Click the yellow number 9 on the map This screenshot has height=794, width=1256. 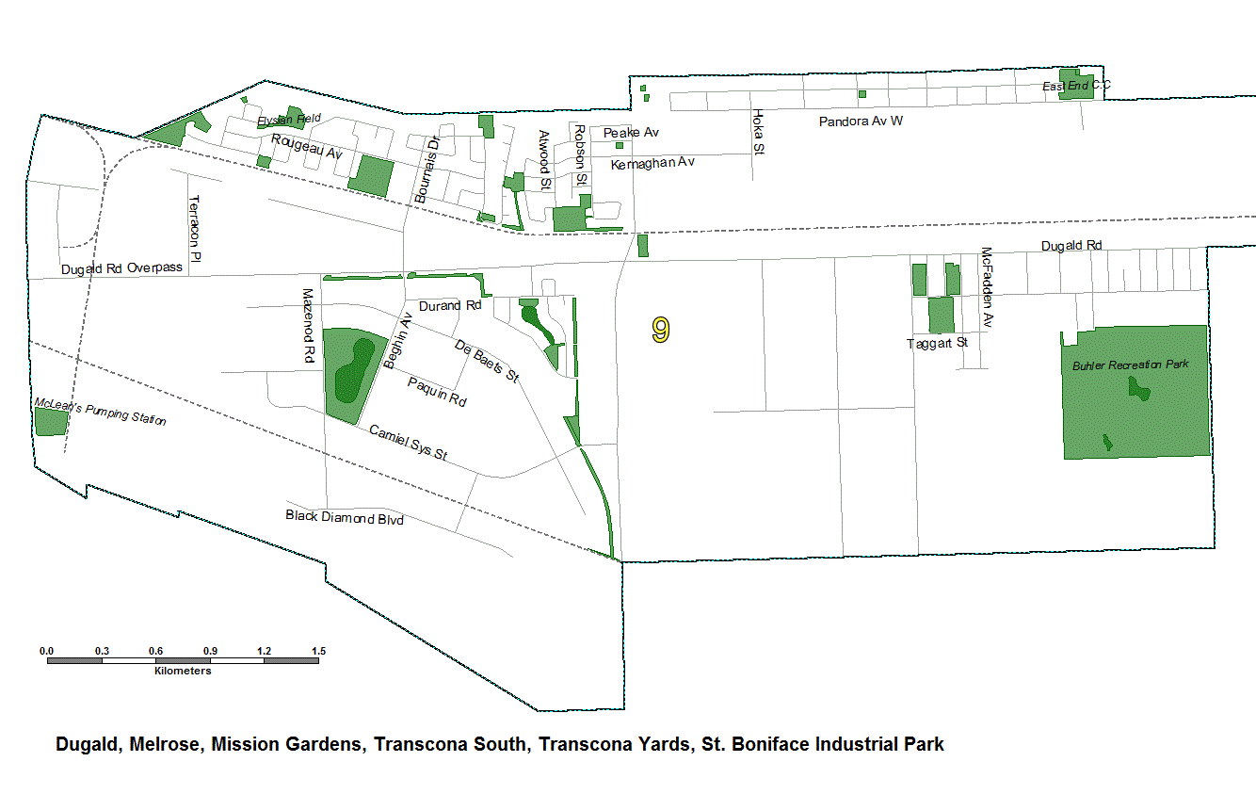(661, 330)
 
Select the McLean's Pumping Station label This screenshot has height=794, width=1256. (100, 412)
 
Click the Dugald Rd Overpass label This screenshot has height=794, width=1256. (121, 267)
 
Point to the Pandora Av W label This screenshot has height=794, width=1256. (861, 122)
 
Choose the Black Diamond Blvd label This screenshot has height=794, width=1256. (344, 517)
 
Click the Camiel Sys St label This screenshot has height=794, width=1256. (408, 443)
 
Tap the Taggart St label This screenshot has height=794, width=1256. (937, 344)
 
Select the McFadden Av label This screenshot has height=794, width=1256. (987, 287)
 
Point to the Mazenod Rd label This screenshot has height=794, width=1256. (307, 326)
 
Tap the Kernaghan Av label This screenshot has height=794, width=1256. (652, 163)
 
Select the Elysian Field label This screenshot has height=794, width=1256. (289, 119)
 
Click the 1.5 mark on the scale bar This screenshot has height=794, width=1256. (318, 651)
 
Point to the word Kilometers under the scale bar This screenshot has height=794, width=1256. (183, 672)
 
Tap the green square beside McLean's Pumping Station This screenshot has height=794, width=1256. (51, 422)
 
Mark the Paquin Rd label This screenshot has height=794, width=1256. (437, 392)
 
